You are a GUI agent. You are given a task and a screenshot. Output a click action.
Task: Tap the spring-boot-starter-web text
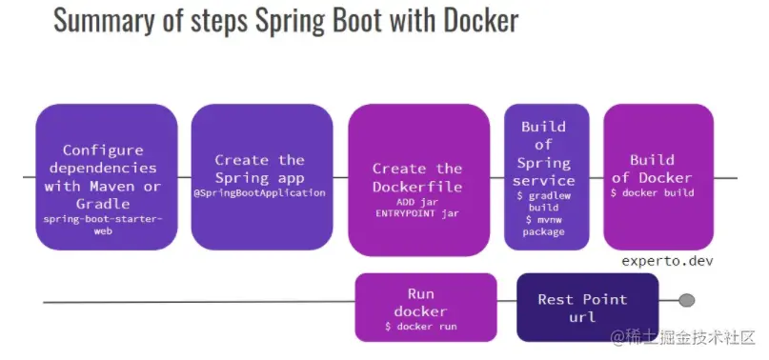[104, 225]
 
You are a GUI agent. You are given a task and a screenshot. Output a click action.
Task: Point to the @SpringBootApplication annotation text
[259, 192]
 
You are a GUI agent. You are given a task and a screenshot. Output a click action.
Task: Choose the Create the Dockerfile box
[416, 177]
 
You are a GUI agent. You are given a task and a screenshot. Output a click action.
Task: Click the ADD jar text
[415, 202]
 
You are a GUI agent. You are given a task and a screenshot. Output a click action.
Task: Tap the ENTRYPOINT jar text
[415, 214]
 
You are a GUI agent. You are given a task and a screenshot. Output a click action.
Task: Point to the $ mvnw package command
[543, 225]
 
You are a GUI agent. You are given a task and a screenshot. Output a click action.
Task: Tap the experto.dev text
[666, 261]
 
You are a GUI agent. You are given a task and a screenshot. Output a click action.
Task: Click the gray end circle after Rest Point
[685, 301]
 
